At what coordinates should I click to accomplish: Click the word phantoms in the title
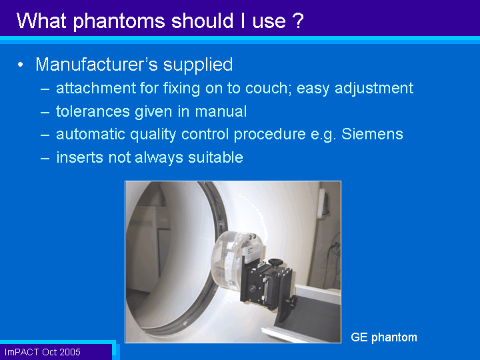[x=119, y=21]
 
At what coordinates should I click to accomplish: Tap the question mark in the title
[x=297, y=21]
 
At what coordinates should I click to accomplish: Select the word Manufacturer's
[x=97, y=64]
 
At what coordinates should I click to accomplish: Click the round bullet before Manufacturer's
[x=20, y=65]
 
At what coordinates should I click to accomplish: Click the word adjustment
[x=374, y=89]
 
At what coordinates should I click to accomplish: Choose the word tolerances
[x=93, y=111]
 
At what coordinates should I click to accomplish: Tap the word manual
[x=221, y=111]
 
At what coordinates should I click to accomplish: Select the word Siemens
[x=372, y=134]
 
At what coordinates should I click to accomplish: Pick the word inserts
[x=79, y=157]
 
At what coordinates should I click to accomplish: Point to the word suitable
[x=215, y=157]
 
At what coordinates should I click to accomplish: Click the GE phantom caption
[x=384, y=337]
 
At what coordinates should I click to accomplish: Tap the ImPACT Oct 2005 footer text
[x=42, y=352]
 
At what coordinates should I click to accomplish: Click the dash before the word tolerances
[x=45, y=112]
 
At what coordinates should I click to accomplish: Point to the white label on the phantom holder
[x=253, y=251]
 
